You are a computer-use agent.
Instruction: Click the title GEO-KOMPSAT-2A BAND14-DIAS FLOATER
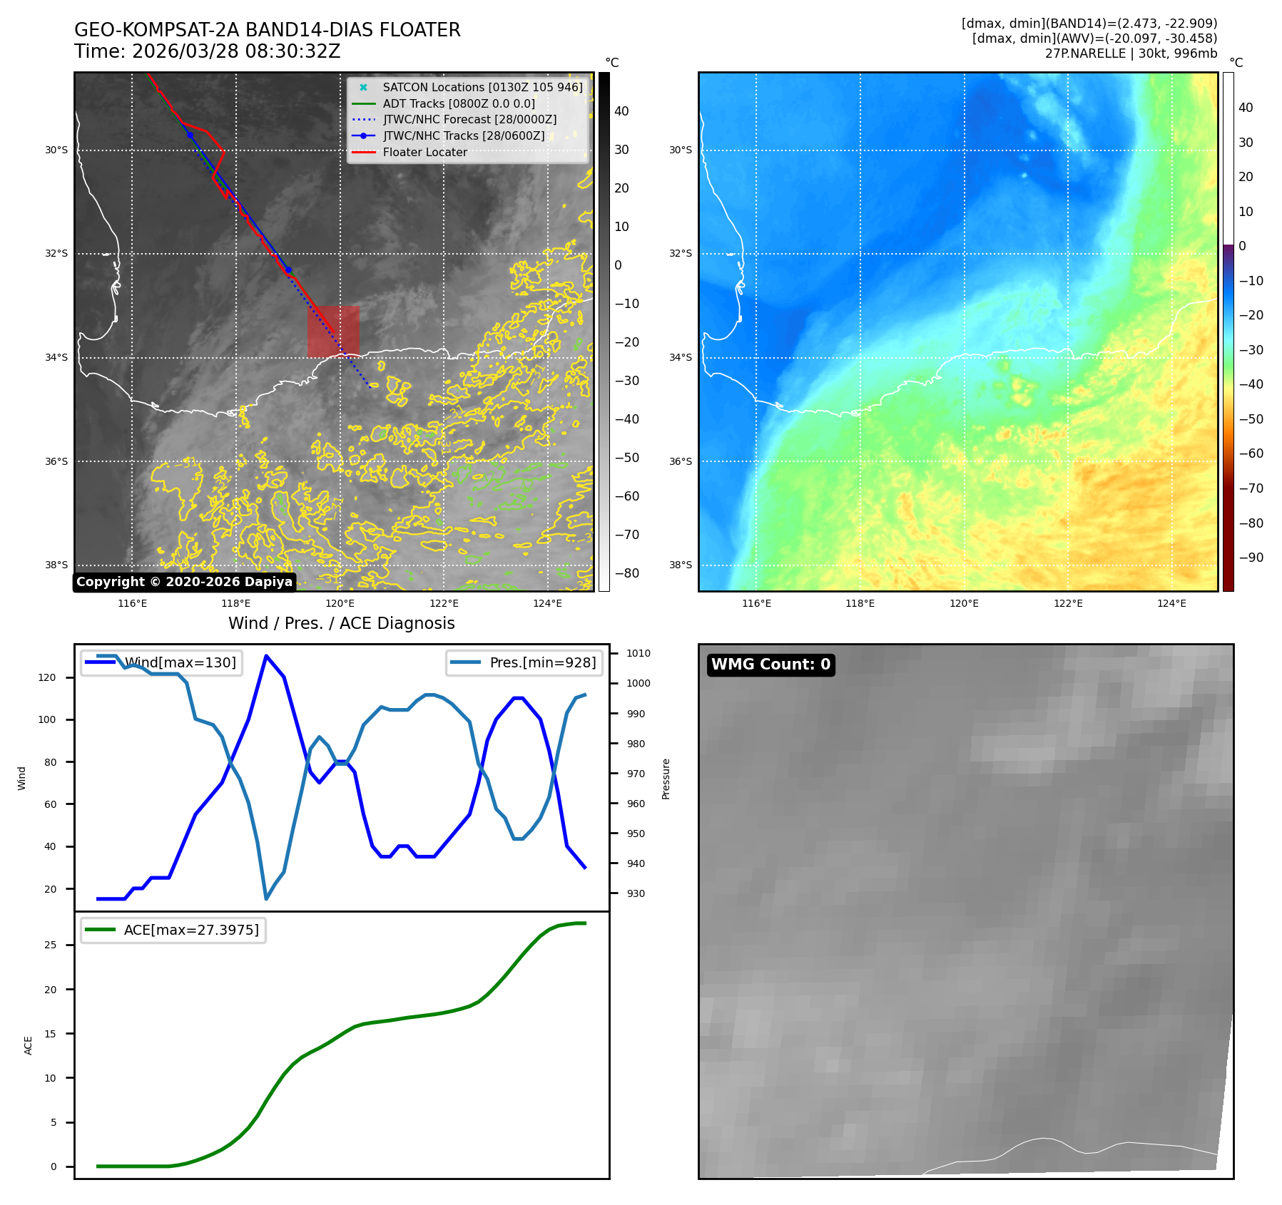[x=267, y=30]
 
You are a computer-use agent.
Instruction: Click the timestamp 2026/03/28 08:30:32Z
[x=236, y=52]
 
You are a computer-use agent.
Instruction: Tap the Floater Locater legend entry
[x=424, y=152]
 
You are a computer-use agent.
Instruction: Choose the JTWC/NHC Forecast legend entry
[x=469, y=119]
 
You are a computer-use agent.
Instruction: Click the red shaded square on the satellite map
[x=333, y=332]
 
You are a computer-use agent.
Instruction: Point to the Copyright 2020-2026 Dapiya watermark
[x=184, y=582]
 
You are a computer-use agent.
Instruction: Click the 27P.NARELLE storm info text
[x=1131, y=53]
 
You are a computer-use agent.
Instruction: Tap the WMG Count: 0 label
[x=770, y=665]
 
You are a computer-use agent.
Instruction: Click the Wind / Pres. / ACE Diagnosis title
[x=341, y=623]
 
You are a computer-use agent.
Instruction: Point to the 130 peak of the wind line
[x=266, y=656]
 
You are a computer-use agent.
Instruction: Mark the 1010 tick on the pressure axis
[x=638, y=653]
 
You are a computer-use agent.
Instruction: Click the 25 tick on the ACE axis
[x=51, y=945]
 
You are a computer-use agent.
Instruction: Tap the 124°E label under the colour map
[x=1171, y=603]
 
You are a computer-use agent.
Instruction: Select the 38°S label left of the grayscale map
[x=56, y=565]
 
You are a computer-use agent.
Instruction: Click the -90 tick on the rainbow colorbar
[x=1251, y=558]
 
